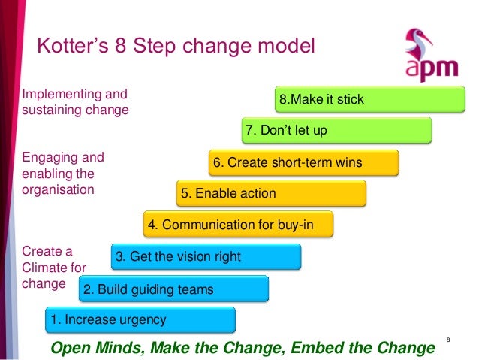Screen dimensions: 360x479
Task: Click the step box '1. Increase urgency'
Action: click(x=140, y=319)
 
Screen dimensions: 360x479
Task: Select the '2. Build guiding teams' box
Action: click(x=173, y=289)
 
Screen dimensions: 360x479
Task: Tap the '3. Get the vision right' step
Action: click(x=206, y=256)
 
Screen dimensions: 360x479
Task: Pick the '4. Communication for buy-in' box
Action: click(x=238, y=224)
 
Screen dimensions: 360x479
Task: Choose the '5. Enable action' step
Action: click(x=271, y=193)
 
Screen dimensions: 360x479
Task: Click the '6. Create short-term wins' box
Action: click(x=303, y=162)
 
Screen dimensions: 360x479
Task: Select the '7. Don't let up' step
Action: click(x=336, y=130)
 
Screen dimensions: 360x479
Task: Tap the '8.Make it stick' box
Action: click(x=369, y=98)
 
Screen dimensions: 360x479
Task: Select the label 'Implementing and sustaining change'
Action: click(x=75, y=102)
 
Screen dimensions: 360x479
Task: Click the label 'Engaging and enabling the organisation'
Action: click(x=63, y=174)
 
